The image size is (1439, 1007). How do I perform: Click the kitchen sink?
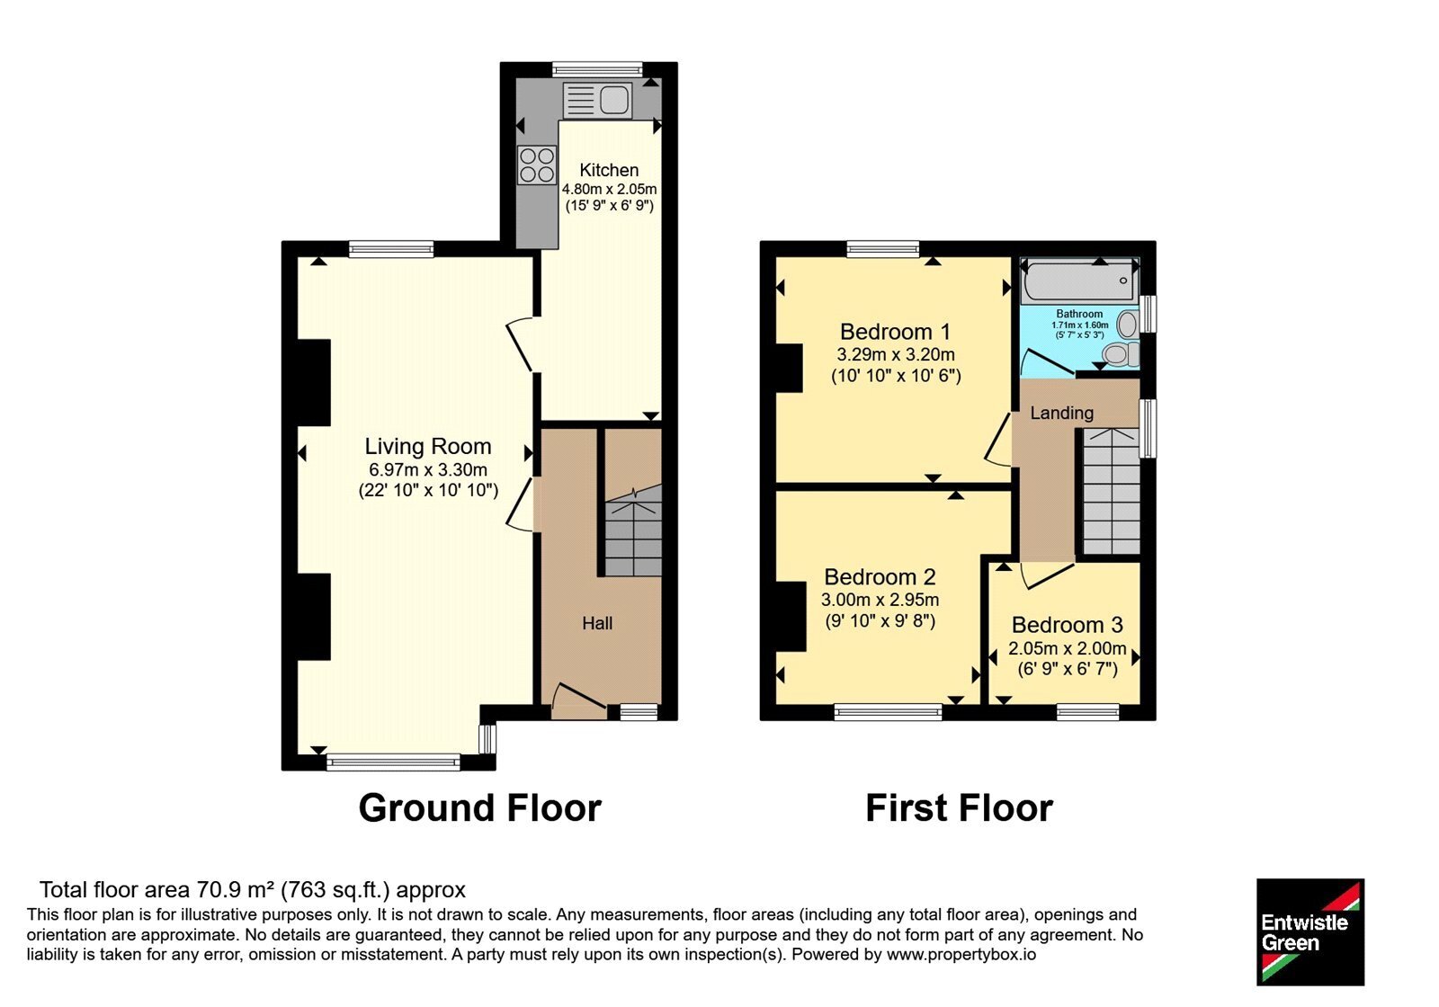(597, 100)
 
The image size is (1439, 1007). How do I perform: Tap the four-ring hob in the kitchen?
(537, 165)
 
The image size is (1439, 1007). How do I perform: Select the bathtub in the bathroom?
(1080, 281)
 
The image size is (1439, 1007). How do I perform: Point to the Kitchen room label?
(609, 170)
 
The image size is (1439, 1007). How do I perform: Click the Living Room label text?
(428, 446)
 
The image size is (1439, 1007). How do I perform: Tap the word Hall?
(597, 623)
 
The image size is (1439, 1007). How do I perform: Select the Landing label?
(1062, 413)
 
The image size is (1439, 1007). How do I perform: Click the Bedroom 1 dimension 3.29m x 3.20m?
(896, 354)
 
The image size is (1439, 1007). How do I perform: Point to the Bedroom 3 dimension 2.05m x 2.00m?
(1067, 648)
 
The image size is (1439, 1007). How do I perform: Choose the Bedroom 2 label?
(880, 576)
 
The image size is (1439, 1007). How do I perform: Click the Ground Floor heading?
(480, 808)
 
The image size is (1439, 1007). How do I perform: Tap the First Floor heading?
(959, 808)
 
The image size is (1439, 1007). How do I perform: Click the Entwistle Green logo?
(1310, 931)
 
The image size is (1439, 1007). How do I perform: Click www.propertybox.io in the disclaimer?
(961, 954)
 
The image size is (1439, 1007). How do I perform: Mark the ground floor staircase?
(633, 530)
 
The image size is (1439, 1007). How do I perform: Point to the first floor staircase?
(1112, 491)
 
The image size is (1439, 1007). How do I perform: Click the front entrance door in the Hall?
(579, 700)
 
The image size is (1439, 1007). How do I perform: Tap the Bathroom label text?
(1079, 314)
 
